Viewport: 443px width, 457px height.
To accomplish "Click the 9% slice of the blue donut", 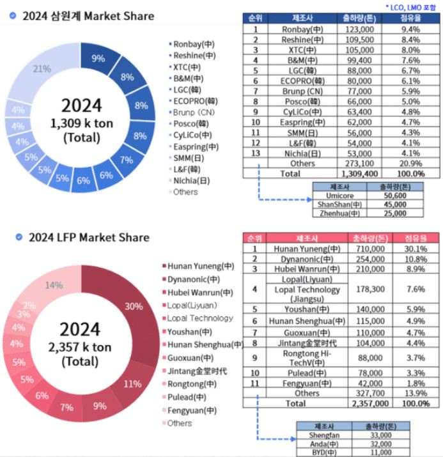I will (x=98, y=58).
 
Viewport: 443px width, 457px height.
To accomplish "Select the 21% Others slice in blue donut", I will (x=45, y=69).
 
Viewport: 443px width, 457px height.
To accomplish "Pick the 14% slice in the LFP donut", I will (x=54, y=285).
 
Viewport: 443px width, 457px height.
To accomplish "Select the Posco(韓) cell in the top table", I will (x=296, y=100).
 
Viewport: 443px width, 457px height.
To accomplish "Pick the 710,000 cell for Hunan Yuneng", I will (x=366, y=249).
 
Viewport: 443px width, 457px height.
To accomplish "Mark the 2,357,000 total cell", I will (x=366, y=403).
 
